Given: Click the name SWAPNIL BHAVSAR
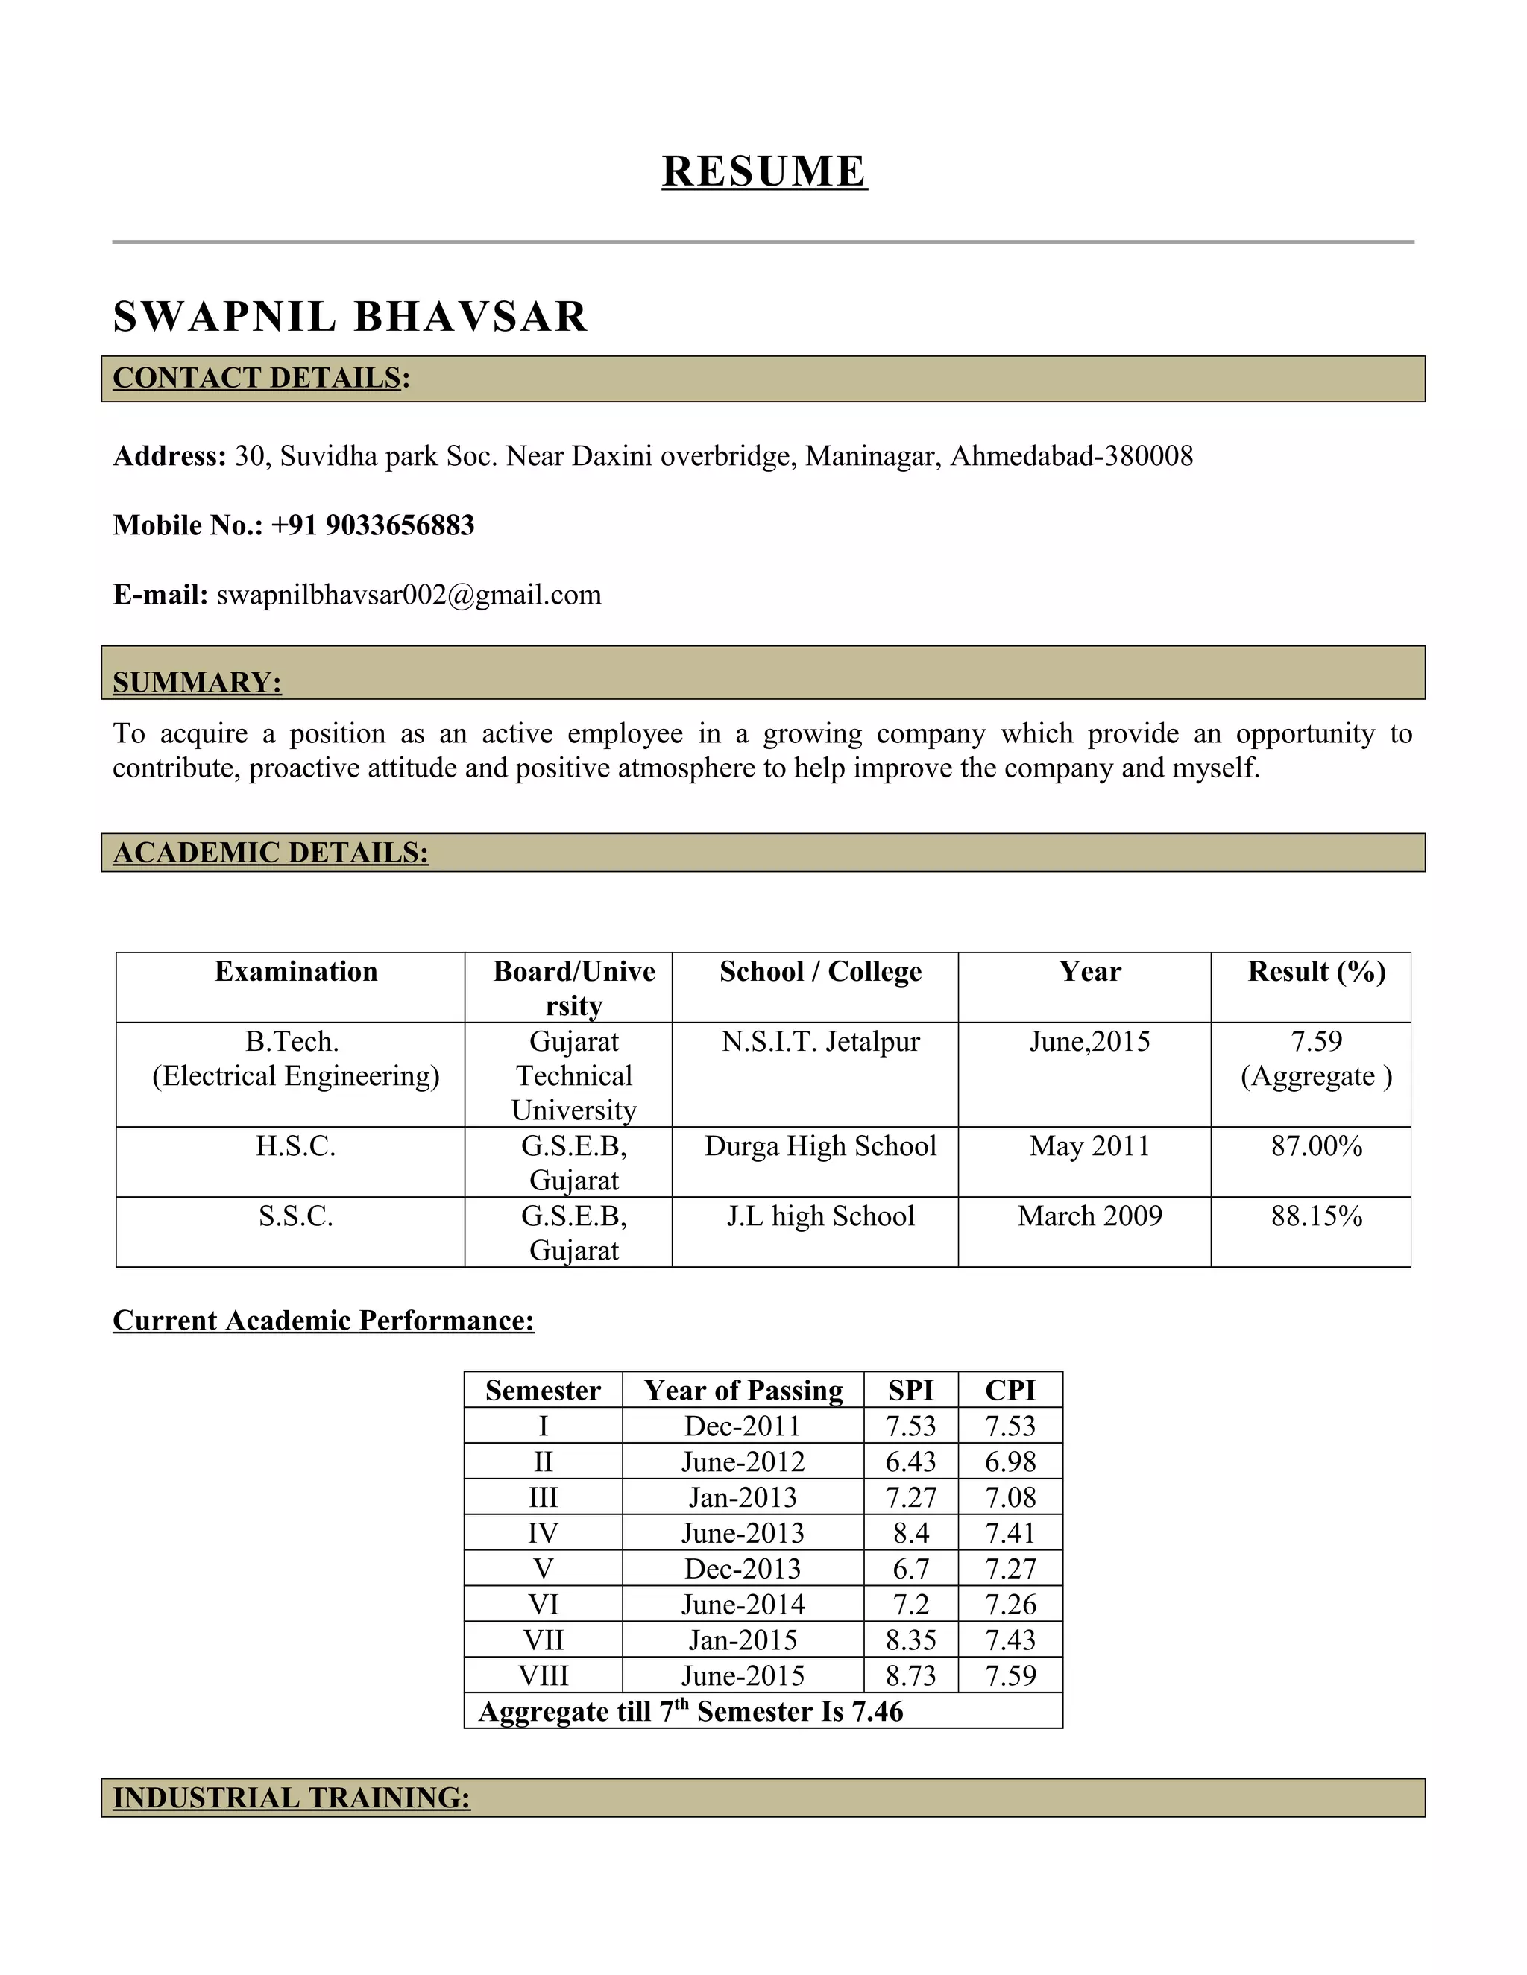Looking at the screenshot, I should (350, 317).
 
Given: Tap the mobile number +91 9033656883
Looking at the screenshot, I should (372, 525).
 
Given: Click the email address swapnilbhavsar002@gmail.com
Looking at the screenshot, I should (409, 595).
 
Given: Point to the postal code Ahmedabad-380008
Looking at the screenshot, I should (1071, 456).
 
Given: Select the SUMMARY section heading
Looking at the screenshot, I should (197, 682).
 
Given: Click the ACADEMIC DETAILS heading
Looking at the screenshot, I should (271, 853).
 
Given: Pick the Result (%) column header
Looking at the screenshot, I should (1316, 972).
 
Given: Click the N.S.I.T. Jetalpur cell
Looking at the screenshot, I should (820, 1042).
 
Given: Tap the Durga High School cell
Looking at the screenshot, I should (820, 1147).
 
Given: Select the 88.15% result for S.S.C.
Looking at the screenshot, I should (1316, 1216).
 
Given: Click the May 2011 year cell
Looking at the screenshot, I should (1089, 1147).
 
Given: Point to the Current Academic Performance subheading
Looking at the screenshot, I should (323, 1321).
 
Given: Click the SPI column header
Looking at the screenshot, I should (910, 1391).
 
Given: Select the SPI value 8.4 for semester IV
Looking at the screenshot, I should (910, 1534).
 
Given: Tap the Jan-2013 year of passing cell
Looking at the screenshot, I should (743, 1497).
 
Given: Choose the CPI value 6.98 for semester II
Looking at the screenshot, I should (1010, 1462).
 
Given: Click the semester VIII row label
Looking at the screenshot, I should (543, 1675).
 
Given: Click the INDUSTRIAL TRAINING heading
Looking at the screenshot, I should (292, 1798).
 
